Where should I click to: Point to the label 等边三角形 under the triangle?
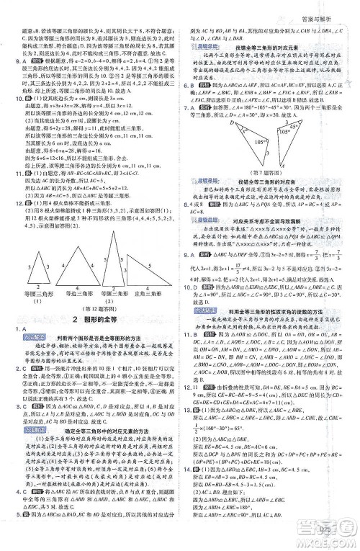pos(68,273)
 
